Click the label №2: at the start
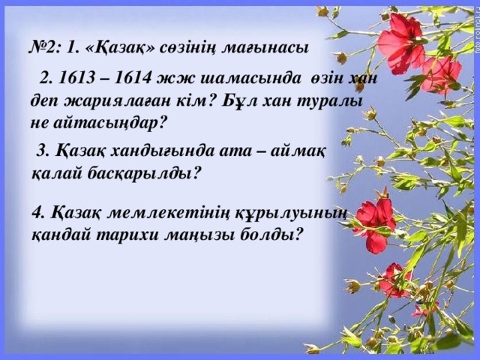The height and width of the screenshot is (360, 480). click(44, 47)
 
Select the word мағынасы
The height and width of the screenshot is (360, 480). click(268, 47)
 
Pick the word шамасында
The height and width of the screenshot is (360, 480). click(238, 79)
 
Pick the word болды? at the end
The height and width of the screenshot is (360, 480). click(272, 234)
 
